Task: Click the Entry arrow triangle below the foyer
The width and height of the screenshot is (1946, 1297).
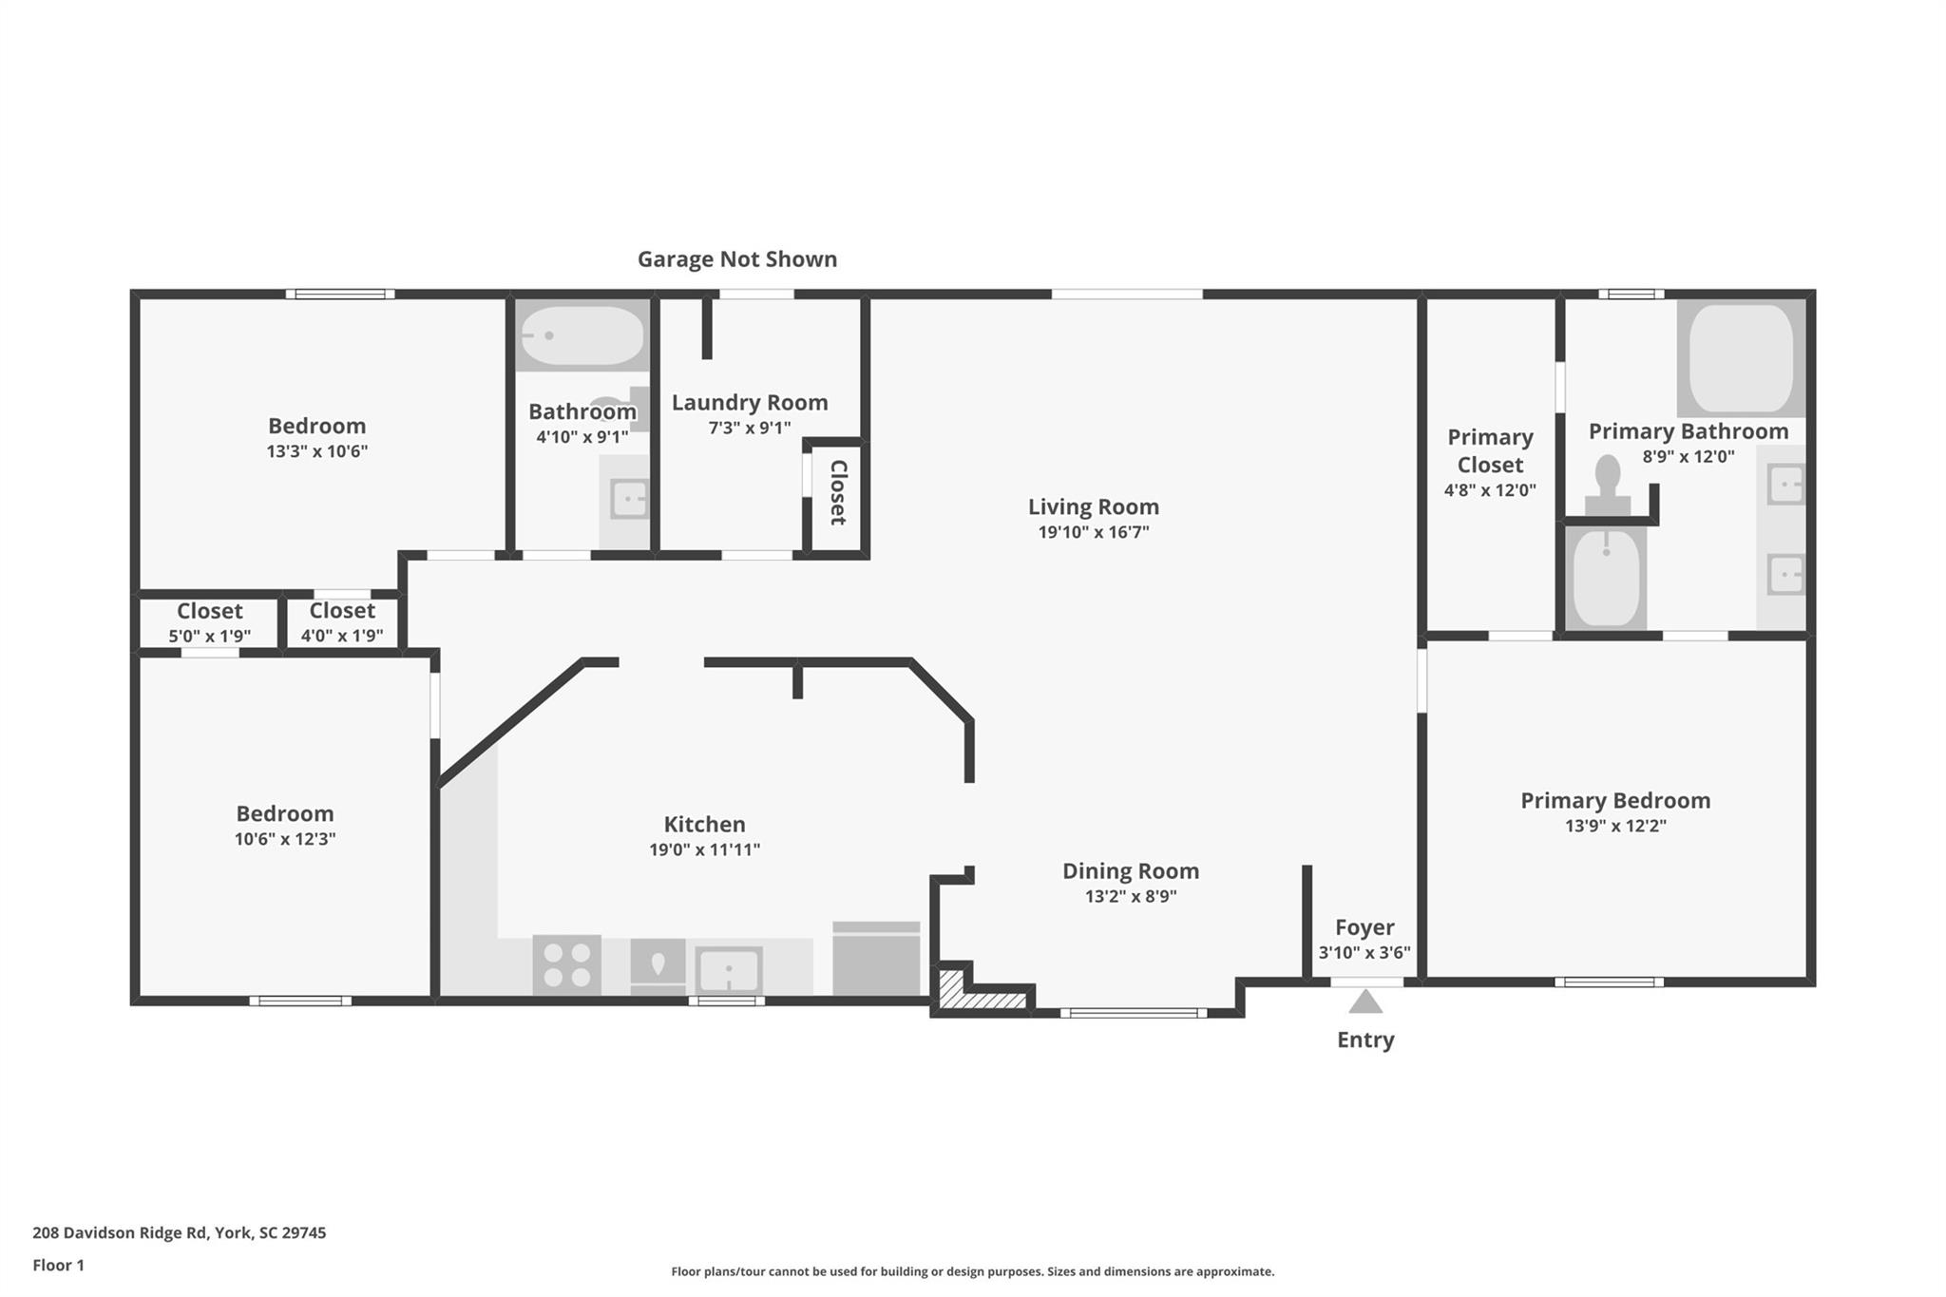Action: pyautogui.click(x=1365, y=1001)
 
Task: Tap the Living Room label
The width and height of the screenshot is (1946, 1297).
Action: pyautogui.click(x=1093, y=506)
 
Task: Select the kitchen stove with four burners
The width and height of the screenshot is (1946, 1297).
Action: pyautogui.click(x=566, y=964)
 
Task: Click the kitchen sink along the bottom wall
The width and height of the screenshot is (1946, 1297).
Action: pyautogui.click(x=728, y=970)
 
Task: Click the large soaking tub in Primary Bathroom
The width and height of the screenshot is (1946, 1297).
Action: pyautogui.click(x=1741, y=357)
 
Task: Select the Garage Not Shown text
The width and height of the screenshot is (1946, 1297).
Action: pyautogui.click(x=736, y=258)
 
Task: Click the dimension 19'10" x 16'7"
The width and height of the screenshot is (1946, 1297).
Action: pyautogui.click(x=1093, y=532)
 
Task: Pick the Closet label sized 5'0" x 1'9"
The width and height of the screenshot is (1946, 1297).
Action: pyautogui.click(x=209, y=611)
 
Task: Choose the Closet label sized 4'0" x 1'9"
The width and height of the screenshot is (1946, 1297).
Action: pyautogui.click(x=342, y=610)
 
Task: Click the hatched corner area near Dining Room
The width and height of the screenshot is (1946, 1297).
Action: pyautogui.click(x=979, y=991)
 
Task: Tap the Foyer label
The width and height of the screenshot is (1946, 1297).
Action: pyautogui.click(x=1364, y=927)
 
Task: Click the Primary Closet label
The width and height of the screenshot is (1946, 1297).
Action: pyautogui.click(x=1489, y=450)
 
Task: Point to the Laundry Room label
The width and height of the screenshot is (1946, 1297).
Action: pyautogui.click(x=749, y=402)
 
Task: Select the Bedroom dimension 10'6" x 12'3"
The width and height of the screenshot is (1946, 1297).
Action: pyautogui.click(x=284, y=839)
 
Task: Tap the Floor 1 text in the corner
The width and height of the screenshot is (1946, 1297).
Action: pyautogui.click(x=58, y=1265)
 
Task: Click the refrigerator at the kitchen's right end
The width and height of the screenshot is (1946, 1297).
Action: pyautogui.click(x=876, y=960)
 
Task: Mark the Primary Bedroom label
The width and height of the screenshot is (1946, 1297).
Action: pyautogui.click(x=1614, y=800)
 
